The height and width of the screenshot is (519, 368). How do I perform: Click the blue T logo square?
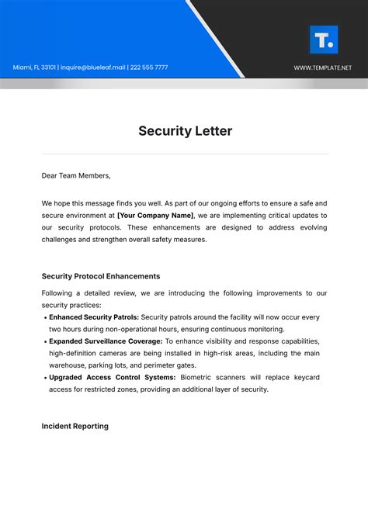click(x=323, y=40)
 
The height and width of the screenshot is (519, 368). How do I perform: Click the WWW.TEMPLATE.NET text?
click(x=322, y=67)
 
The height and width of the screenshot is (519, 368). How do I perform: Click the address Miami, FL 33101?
click(x=34, y=67)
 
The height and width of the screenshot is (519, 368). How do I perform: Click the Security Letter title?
click(x=185, y=131)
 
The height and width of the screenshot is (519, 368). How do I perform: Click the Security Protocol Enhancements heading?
click(x=101, y=276)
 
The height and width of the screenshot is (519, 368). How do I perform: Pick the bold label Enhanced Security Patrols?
click(x=94, y=317)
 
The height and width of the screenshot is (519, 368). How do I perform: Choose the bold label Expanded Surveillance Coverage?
click(x=106, y=341)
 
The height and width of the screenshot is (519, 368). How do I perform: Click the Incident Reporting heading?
click(x=75, y=426)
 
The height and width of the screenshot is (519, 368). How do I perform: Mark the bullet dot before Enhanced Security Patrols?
click(x=44, y=318)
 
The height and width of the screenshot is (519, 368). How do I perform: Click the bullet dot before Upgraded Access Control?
click(x=44, y=378)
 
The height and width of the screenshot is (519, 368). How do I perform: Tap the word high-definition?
click(x=75, y=353)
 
